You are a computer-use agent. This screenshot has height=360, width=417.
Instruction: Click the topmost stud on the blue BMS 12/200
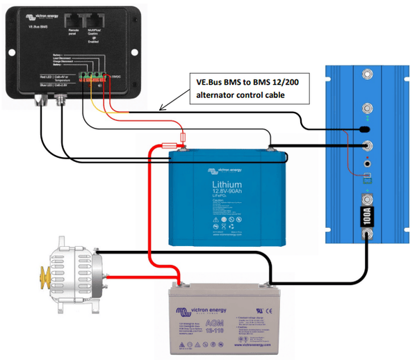pos(366,74)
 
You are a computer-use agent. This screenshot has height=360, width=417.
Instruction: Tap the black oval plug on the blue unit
pos(363,129)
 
